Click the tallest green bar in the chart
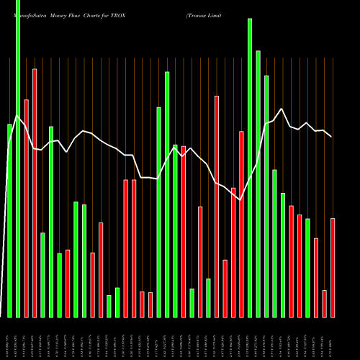[x=18, y=158]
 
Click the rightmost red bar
[x=333, y=267]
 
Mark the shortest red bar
[x=150, y=305]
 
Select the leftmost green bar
[x=10, y=220]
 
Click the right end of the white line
[x=331, y=136]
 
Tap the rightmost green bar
[x=307, y=267]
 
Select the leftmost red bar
[x=27, y=208]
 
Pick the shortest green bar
[x=109, y=306]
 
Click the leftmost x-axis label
[x=10, y=338]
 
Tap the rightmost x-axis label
[x=333, y=338]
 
